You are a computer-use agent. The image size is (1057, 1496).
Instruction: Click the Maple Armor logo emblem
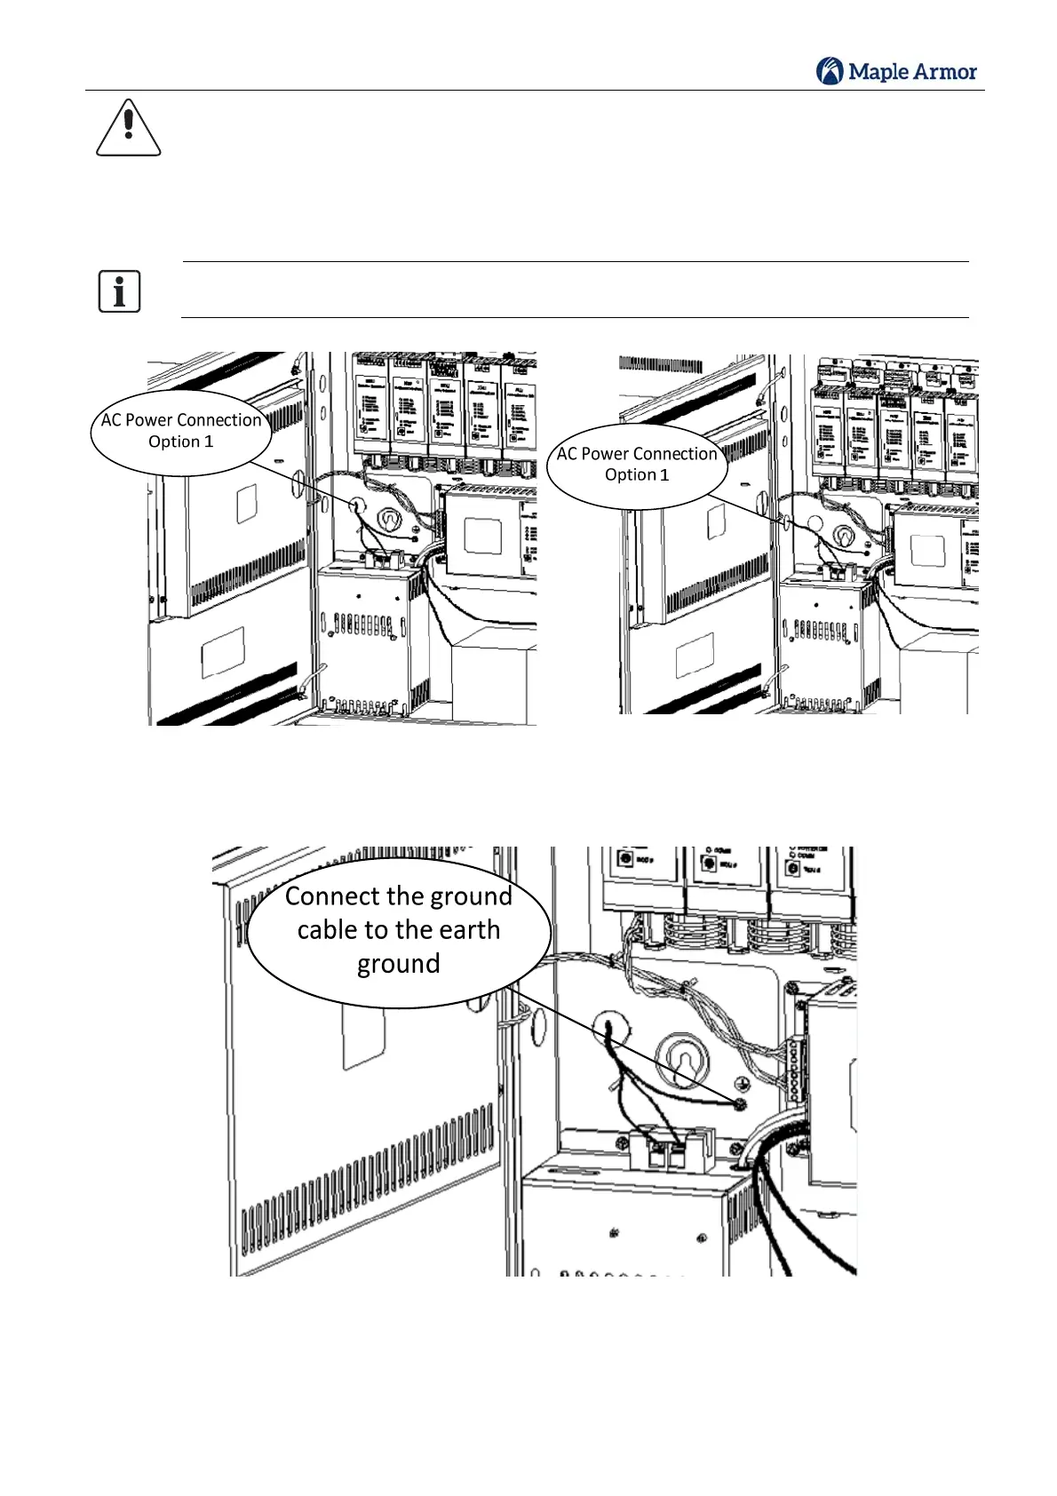click(x=830, y=71)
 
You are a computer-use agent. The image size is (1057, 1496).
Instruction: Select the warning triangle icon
click(x=129, y=128)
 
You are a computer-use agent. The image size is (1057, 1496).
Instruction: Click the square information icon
click(x=119, y=291)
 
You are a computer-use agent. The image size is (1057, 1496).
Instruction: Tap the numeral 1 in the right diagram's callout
click(x=664, y=474)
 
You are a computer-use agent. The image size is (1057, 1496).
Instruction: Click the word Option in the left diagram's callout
click(x=173, y=442)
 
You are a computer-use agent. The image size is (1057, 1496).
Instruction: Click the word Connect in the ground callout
click(x=332, y=896)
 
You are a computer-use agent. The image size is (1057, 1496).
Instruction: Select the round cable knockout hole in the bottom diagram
click(x=610, y=1029)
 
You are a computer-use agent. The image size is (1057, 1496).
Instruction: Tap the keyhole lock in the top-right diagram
click(x=840, y=535)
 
